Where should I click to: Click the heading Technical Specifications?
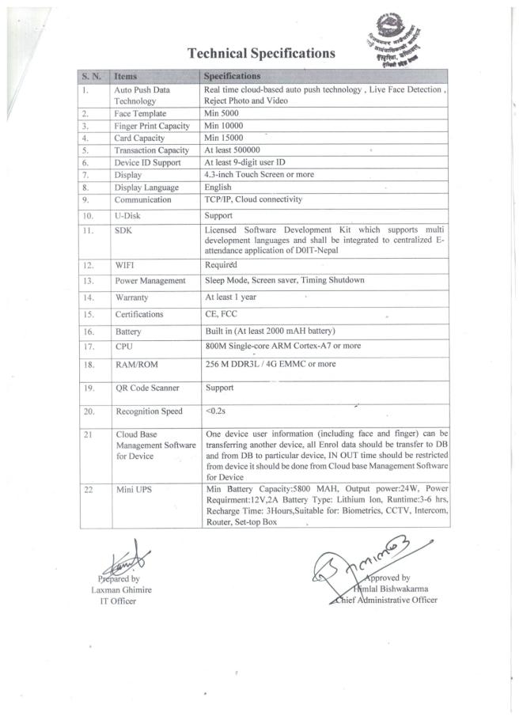click(x=261, y=54)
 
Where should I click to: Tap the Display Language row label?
click(x=146, y=188)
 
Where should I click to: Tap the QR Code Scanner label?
click(x=147, y=388)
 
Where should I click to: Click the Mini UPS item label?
click(x=132, y=491)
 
